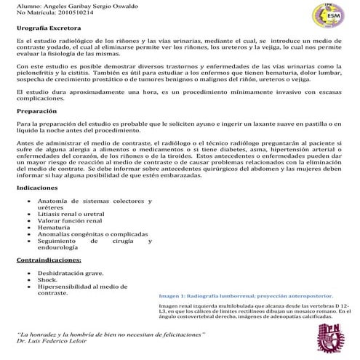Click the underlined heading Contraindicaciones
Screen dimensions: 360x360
[x=49, y=259]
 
